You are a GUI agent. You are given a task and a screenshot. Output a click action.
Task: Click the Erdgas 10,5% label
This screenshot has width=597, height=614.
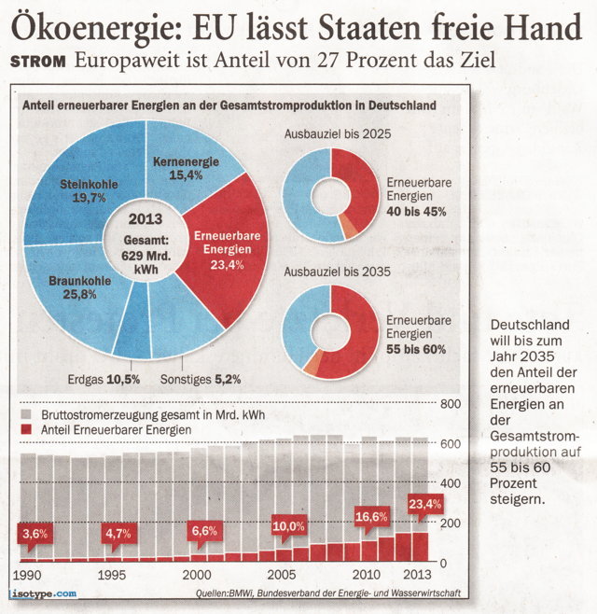104,379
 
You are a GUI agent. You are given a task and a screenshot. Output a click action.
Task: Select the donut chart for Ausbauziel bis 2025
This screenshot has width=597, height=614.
330,196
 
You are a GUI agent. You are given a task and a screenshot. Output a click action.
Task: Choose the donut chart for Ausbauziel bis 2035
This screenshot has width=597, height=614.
330,332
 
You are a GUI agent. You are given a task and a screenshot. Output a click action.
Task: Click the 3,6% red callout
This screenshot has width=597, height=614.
33,534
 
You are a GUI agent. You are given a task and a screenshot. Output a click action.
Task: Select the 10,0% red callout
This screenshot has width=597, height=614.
289,526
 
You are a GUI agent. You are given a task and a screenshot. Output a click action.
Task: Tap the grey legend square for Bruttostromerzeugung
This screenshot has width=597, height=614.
25,413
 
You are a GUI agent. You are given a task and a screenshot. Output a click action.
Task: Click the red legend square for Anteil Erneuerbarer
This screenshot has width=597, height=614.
25,428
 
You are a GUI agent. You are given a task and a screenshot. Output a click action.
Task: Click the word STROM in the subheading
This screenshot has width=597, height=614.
37,62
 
